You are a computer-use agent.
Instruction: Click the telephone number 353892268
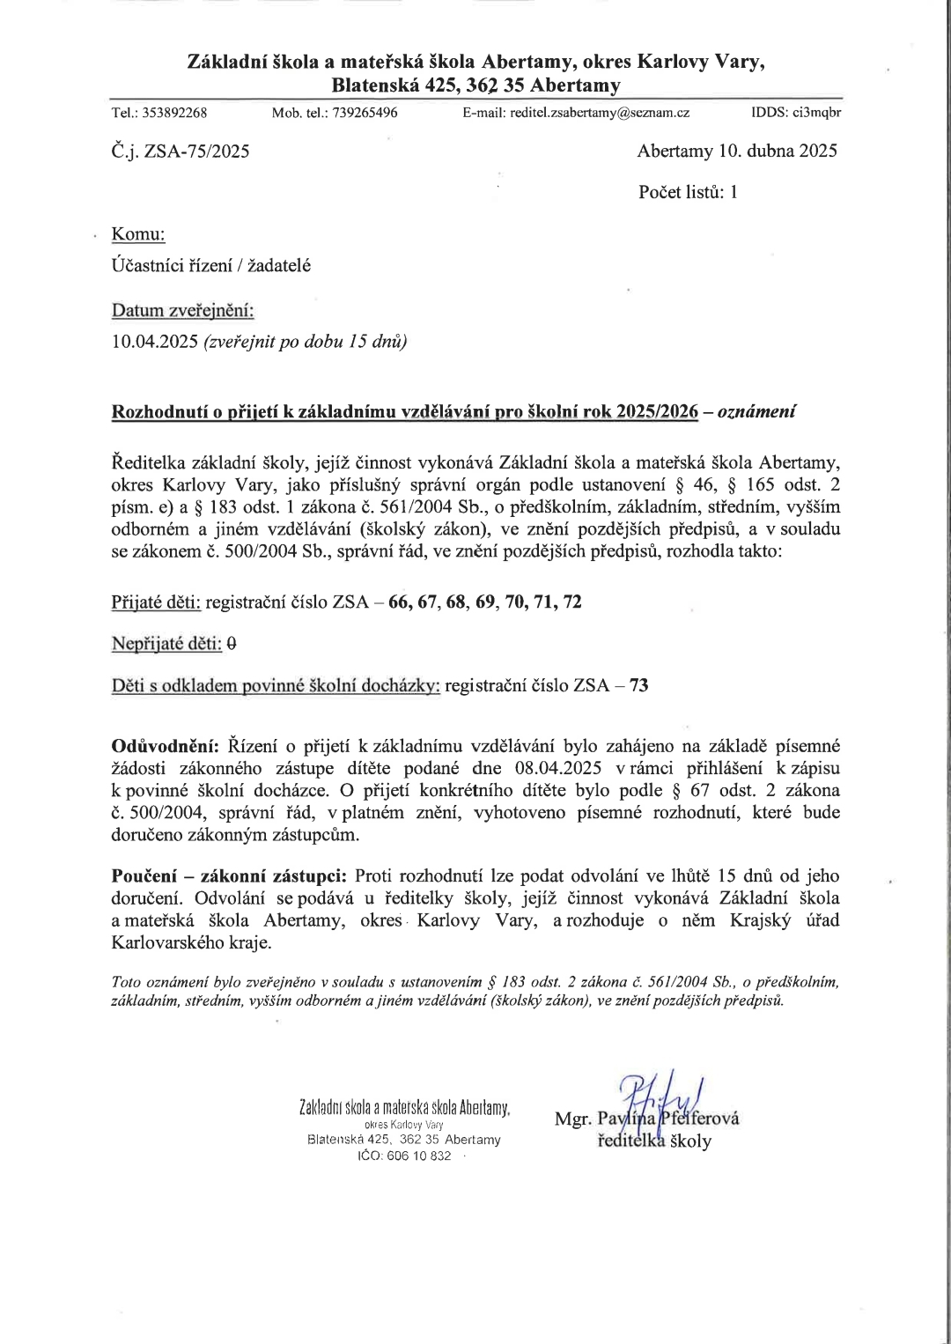click(x=174, y=113)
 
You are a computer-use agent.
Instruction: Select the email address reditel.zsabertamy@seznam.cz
click(x=600, y=113)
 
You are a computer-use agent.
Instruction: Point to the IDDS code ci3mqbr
click(x=817, y=113)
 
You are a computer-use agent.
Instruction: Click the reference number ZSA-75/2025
click(x=196, y=151)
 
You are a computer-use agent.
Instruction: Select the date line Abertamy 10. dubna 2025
click(x=737, y=151)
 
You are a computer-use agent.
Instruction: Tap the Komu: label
click(x=138, y=234)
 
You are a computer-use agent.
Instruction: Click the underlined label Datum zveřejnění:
click(x=182, y=311)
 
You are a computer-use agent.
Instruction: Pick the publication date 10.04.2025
click(x=154, y=342)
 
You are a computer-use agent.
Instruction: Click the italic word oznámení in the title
click(x=757, y=411)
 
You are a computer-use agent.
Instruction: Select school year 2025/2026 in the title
click(x=657, y=411)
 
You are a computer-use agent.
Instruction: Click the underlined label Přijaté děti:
click(x=156, y=602)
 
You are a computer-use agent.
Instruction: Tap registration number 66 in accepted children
click(x=400, y=602)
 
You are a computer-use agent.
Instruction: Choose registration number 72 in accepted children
click(x=572, y=602)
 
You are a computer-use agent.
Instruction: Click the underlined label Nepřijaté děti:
click(x=166, y=644)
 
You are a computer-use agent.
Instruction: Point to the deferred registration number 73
click(x=639, y=685)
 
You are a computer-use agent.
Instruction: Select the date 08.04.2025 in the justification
click(x=559, y=768)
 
